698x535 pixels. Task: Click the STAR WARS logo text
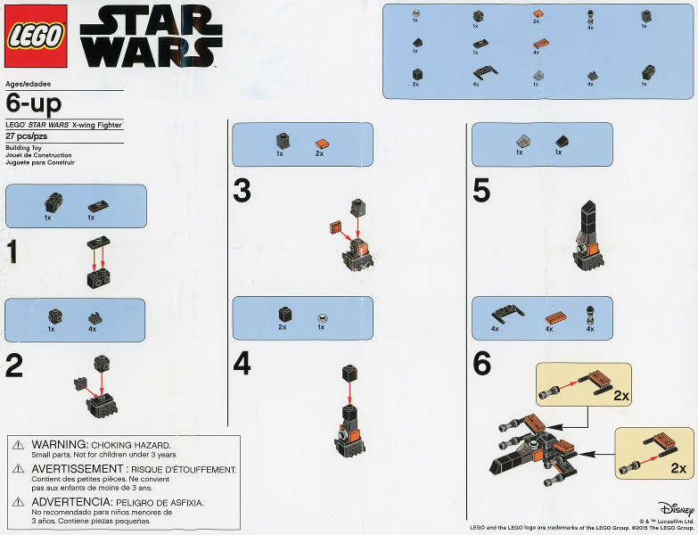click(x=151, y=38)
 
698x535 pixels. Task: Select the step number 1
click(x=13, y=253)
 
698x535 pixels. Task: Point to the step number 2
click(x=14, y=366)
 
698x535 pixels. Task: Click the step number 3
click(x=242, y=191)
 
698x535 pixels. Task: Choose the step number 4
click(x=242, y=365)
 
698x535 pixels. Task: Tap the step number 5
click(x=481, y=191)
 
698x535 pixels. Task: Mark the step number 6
click(x=481, y=365)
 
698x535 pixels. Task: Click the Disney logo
click(x=676, y=508)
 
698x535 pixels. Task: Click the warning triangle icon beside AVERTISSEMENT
click(x=17, y=469)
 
